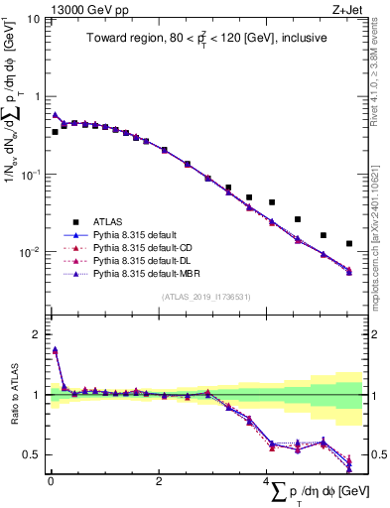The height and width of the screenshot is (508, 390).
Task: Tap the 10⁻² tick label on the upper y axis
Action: (x=30, y=252)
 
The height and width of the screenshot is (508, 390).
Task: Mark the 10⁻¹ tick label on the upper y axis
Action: (x=30, y=175)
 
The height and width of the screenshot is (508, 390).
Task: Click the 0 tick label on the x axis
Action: (x=51, y=480)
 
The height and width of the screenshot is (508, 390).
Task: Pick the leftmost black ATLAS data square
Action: (x=56, y=131)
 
